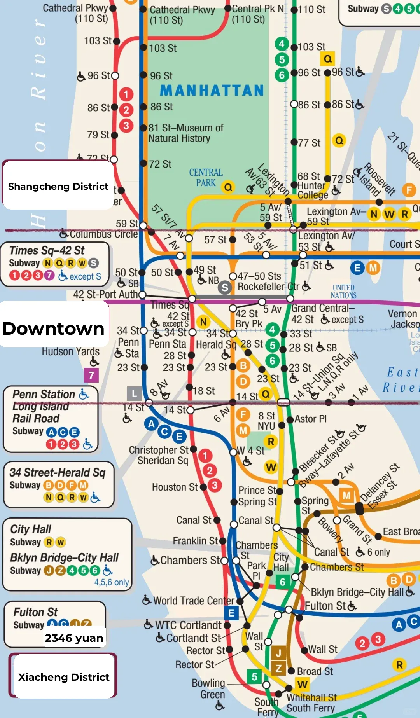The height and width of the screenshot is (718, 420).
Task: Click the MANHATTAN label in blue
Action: pos(212,91)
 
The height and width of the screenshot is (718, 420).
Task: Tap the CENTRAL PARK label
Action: pos(206,178)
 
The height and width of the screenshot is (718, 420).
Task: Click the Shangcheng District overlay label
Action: pos(58,186)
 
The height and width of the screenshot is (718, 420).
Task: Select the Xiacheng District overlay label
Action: pos(64,677)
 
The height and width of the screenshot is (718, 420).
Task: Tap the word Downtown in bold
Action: pos(53,328)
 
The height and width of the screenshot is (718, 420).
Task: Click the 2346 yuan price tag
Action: pos(74,638)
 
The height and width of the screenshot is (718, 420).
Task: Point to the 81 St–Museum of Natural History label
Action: pos(186,133)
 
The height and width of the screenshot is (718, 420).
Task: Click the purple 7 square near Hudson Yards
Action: pos(91,375)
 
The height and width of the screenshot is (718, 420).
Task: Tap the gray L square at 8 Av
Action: pos(134,393)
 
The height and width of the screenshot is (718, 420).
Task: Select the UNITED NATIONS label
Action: pos(343,291)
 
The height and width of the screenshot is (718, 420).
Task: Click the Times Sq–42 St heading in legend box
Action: pos(47,250)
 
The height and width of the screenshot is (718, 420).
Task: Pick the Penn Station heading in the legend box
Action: pos(44,394)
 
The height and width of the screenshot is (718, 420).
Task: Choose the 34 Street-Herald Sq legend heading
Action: pos(58,472)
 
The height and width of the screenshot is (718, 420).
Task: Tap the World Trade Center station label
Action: pos(194,601)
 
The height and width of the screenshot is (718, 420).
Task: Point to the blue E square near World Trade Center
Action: pos(231,613)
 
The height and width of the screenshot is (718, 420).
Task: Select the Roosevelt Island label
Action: pos(375,180)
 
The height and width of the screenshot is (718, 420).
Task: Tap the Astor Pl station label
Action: pos(310,419)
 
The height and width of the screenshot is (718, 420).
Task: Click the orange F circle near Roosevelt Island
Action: pos(409,190)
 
